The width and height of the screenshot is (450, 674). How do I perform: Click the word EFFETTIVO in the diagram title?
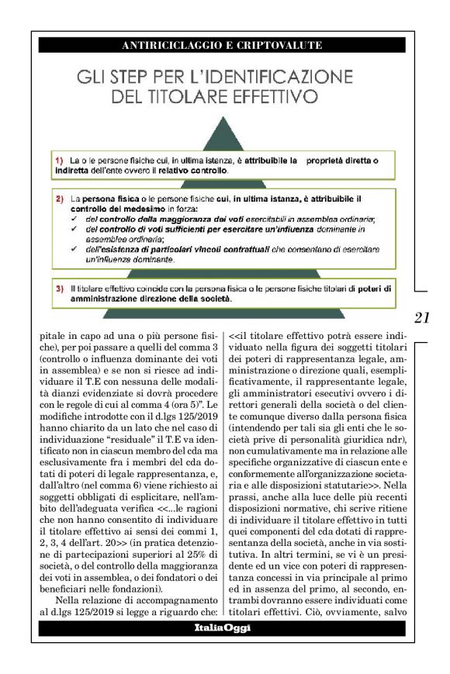tap(254, 98)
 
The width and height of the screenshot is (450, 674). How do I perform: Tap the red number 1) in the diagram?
tap(59, 159)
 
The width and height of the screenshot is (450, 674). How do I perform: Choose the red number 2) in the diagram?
tap(59, 199)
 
